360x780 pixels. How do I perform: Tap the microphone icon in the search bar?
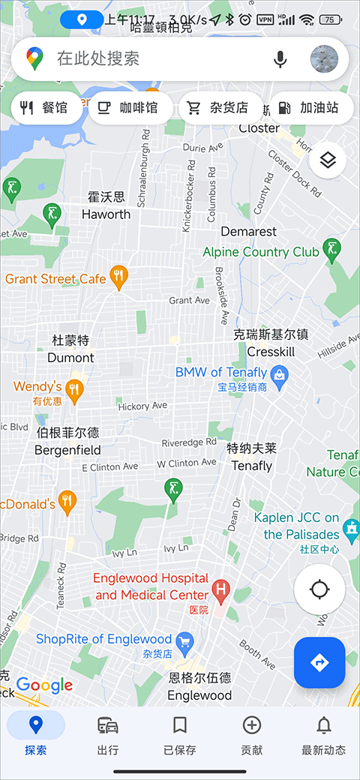[x=280, y=58]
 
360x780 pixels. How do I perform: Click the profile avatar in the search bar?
[x=324, y=58]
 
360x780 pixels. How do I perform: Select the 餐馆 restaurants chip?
[x=44, y=108]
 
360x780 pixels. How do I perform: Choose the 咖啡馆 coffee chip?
[x=130, y=108]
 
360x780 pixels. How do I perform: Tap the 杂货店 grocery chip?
[x=220, y=108]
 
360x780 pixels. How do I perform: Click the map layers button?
[x=327, y=159]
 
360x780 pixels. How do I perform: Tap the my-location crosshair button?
[x=319, y=589]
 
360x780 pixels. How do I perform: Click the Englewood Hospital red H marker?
[x=220, y=589]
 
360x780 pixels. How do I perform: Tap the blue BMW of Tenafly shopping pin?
[x=279, y=373]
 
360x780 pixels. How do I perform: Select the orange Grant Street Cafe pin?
[x=118, y=277]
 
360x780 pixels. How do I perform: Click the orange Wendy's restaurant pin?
[x=73, y=388]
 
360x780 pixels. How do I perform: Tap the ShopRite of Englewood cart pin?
[x=184, y=640]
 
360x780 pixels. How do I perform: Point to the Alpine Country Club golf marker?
[x=331, y=247]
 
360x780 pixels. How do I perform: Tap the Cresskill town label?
[x=271, y=352]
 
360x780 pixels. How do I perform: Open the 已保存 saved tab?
[x=179, y=733]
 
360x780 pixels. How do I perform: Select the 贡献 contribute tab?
[x=251, y=733]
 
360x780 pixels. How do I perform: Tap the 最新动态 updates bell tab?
[x=323, y=733]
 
